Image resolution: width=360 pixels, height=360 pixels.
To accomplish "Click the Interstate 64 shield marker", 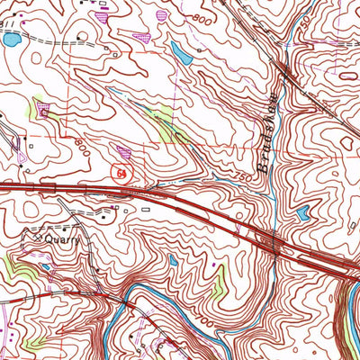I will [120, 170].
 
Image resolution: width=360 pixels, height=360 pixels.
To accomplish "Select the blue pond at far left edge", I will [10, 40].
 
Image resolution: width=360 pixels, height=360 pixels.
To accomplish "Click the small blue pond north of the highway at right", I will [303, 214].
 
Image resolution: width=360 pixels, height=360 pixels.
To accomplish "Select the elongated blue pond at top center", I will [181, 54].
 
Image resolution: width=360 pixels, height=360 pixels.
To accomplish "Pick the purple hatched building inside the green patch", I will [44, 112].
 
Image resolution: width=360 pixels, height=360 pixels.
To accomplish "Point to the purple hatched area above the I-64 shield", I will [123, 150].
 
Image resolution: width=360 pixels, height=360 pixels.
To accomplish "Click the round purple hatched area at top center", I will [162, 14].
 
